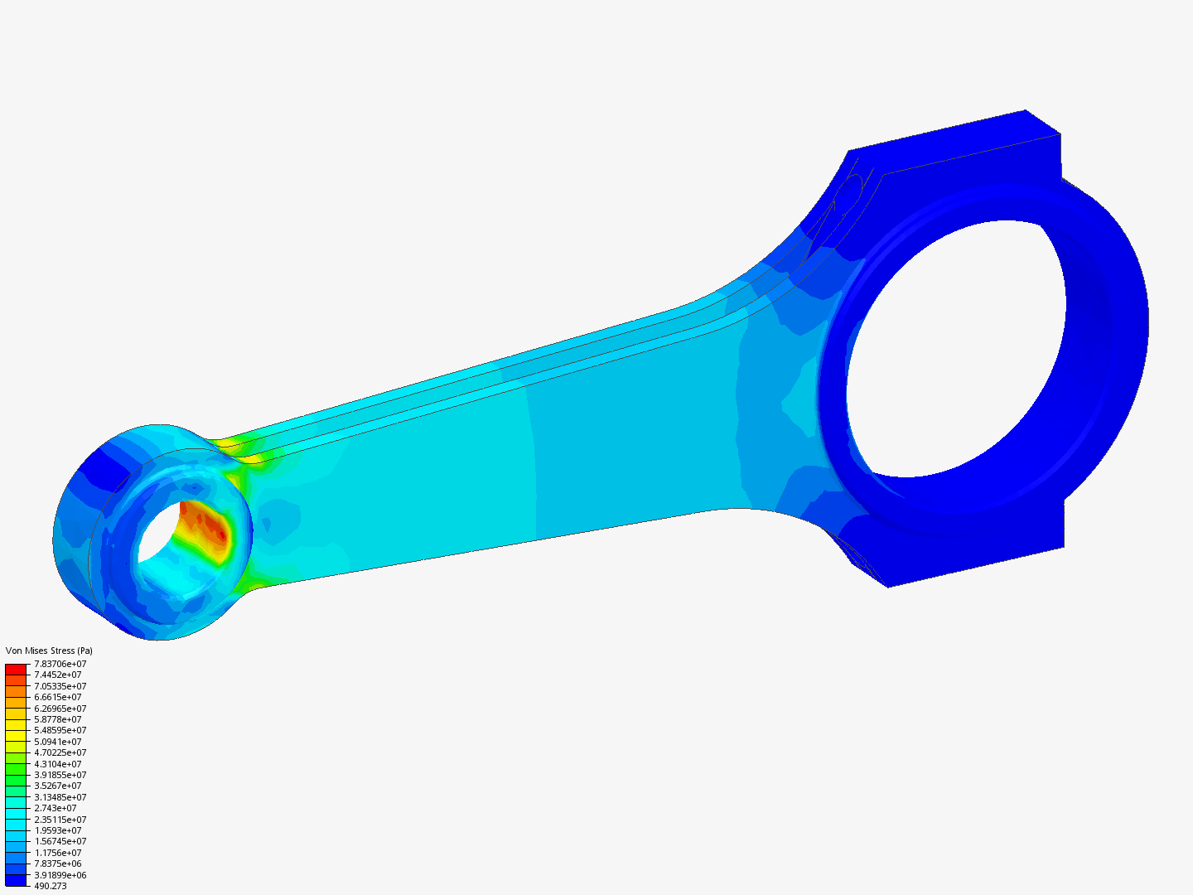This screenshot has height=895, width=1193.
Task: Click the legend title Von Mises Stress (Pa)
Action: [x=49, y=651]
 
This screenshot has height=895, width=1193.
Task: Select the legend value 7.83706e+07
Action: [x=60, y=664]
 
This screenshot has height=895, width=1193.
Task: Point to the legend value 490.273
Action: [x=51, y=886]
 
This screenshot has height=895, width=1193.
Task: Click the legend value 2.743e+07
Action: [x=56, y=808]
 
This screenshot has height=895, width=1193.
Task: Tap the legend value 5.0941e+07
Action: [x=58, y=742]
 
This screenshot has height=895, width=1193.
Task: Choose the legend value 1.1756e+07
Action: [x=58, y=853]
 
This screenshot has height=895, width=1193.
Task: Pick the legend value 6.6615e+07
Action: [x=58, y=697]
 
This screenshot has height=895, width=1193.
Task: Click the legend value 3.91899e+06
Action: [x=60, y=875]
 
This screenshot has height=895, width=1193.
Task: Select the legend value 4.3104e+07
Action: [x=58, y=764]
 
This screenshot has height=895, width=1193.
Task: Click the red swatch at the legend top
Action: [x=16, y=669]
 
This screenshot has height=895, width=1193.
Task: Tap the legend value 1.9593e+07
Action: [x=58, y=830]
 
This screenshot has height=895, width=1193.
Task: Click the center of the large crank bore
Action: [x=953, y=348]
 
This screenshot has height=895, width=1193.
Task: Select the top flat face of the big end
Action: [x=953, y=141]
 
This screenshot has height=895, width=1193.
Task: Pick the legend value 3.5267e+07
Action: [x=58, y=786]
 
